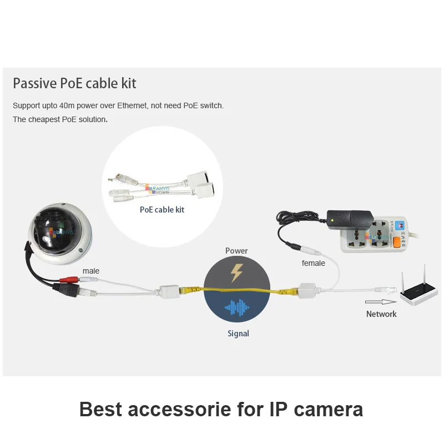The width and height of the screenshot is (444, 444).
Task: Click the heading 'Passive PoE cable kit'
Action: pyautogui.click(x=74, y=84)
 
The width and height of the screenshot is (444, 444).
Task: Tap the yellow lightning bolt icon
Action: pyautogui.click(x=236, y=271)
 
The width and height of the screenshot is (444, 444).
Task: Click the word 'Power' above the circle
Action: pyautogui.click(x=236, y=251)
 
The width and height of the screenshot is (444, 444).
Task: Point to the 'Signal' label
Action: pyautogui.click(x=238, y=334)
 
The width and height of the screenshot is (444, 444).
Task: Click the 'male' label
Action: pyautogui.click(x=91, y=271)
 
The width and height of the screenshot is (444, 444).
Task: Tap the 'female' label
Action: pyautogui.click(x=313, y=263)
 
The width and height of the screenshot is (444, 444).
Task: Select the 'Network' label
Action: pyautogui.click(x=381, y=314)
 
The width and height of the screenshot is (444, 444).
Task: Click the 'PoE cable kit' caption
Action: pyautogui.click(x=162, y=210)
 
